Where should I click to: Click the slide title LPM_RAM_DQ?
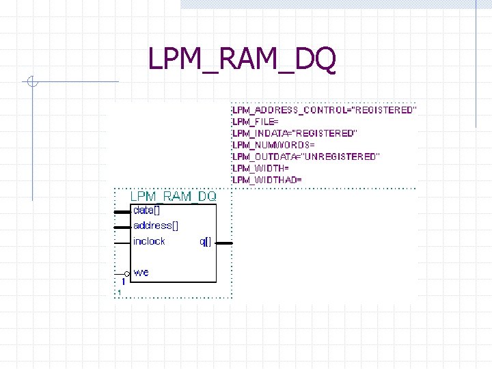coord(242,60)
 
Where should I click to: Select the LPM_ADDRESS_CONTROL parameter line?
coord(324,109)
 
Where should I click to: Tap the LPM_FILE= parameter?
coord(256,121)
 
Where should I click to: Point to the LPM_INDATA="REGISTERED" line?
coord(295,133)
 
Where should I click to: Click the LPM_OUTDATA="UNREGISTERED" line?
coord(305,156)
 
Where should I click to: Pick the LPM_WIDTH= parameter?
coord(261,168)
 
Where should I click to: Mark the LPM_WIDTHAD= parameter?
coord(267,180)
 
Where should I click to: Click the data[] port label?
coord(146,210)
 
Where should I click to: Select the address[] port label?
coord(155,225)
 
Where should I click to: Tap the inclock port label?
coord(149,241)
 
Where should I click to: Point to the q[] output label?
coord(205,242)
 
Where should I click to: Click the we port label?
coord(141,273)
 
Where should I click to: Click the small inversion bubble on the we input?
coord(127,273)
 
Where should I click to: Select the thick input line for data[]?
coord(122,212)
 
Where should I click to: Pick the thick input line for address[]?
coord(122,227)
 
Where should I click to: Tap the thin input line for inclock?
coord(122,243)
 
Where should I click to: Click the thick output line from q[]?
coord(224,243)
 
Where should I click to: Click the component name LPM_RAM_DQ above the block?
coord(173,196)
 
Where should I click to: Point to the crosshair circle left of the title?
coord(31,83)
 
